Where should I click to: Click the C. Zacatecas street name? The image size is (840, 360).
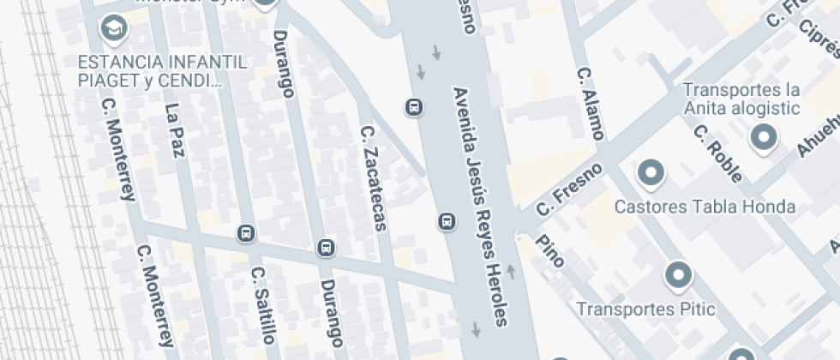pos(374,179)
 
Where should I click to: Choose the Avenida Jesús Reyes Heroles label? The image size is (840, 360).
pos(481,206)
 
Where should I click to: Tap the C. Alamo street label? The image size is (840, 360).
pos(590,104)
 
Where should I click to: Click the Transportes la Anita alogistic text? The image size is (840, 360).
pos(741,99)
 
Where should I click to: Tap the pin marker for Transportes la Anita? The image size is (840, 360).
pos(762,136)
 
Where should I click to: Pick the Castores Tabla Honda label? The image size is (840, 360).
pos(705,207)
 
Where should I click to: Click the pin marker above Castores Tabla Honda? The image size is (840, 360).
pos(651,173)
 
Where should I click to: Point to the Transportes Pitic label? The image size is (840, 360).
pos(645,309)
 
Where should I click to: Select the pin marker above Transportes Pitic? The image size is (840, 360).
pos(679,275)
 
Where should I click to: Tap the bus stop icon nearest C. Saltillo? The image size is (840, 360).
pos(247,233)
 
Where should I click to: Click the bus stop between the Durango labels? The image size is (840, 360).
pos(326,249)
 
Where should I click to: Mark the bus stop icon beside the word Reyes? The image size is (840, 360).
pos(447,222)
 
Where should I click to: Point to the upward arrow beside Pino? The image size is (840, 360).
pos(513,272)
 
